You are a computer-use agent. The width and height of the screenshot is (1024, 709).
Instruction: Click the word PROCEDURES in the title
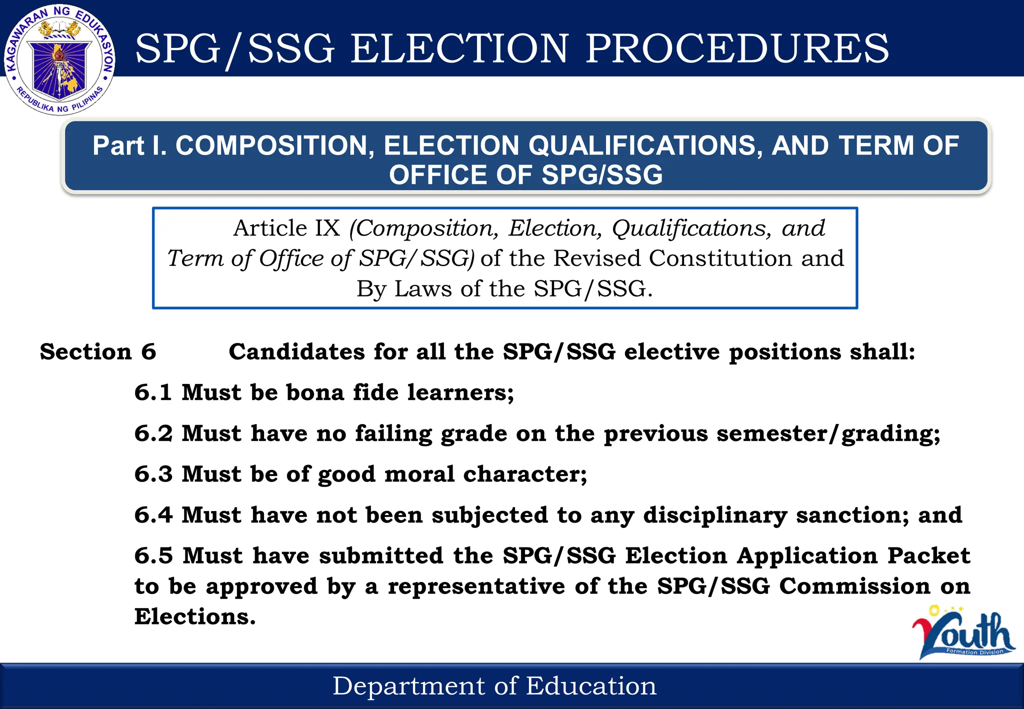pyautogui.click(x=737, y=48)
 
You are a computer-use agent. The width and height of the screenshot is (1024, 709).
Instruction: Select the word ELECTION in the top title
pyautogui.click(x=459, y=48)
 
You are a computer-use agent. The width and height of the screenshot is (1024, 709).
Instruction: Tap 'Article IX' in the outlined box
pyautogui.click(x=286, y=228)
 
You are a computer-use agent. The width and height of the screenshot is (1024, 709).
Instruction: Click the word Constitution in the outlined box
pyautogui.click(x=720, y=258)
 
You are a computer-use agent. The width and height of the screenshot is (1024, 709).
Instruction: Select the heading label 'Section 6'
pyautogui.click(x=98, y=352)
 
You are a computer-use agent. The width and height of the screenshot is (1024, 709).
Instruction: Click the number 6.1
pyautogui.click(x=153, y=392)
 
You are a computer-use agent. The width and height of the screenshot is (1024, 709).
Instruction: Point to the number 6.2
pyautogui.click(x=153, y=433)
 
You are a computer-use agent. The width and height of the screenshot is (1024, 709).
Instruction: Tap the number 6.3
pyautogui.click(x=153, y=474)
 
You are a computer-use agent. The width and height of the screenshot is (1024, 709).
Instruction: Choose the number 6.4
pyautogui.click(x=153, y=515)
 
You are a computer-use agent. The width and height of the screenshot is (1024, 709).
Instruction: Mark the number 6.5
pyautogui.click(x=153, y=556)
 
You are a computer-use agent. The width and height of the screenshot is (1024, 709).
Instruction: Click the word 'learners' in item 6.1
pyautogui.click(x=460, y=392)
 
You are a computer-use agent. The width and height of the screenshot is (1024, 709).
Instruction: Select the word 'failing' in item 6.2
pyautogui.click(x=393, y=433)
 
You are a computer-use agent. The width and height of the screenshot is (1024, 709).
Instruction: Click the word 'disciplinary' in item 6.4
pyautogui.click(x=715, y=515)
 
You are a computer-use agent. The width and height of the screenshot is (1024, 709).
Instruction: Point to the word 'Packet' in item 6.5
pyautogui.click(x=928, y=556)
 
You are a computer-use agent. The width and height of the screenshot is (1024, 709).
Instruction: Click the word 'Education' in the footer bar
pyautogui.click(x=591, y=686)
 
